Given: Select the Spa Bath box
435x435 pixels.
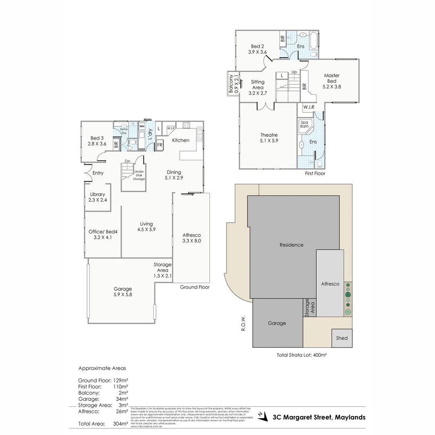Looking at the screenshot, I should (x=304, y=124).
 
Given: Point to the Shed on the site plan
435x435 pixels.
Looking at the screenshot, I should (x=342, y=338).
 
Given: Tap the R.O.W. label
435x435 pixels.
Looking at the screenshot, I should (x=243, y=323).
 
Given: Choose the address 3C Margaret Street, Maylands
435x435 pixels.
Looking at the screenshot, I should (x=319, y=417).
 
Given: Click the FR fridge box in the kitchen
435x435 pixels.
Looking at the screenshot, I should (x=159, y=145).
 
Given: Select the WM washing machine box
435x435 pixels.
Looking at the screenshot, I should (x=142, y=126).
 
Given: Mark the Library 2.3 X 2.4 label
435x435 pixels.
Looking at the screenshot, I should (x=97, y=197).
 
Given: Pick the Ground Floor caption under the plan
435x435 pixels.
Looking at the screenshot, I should (x=195, y=287).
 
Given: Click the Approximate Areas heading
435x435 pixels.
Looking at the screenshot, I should (x=102, y=368).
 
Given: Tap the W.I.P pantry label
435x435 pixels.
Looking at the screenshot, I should (x=170, y=128).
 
